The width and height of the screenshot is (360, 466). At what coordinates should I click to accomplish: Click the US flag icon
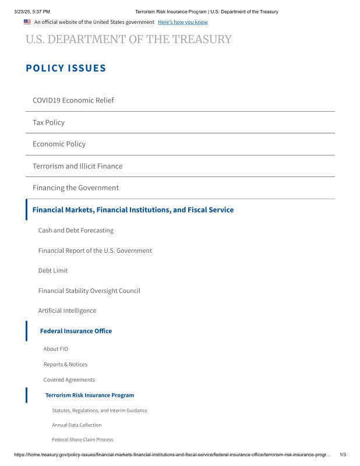[x=27, y=22]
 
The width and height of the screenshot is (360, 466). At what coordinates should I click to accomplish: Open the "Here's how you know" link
[x=182, y=22]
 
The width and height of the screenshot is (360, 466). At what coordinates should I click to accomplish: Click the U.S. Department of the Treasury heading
[x=128, y=40]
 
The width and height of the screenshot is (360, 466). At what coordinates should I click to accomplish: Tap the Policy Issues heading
[x=66, y=68]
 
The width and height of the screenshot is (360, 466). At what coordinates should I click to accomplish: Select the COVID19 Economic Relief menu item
[x=73, y=100]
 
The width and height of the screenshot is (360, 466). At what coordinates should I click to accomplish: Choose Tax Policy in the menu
[x=48, y=122]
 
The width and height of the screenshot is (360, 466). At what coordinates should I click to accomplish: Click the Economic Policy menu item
[x=59, y=144]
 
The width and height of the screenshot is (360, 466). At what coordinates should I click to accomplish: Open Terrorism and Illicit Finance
[x=77, y=166]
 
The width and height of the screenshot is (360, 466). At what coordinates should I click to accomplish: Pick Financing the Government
[x=76, y=188]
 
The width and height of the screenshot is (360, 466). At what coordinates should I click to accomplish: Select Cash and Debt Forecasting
[x=76, y=230]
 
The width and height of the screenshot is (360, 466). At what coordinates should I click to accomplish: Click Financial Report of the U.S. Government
[x=95, y=250]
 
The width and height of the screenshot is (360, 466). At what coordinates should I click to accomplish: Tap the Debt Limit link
[x=53, y=270]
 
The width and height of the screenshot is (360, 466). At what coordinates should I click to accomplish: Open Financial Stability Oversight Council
[x=89, y=291]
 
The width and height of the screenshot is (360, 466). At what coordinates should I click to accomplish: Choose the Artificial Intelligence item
[x=67, y=310]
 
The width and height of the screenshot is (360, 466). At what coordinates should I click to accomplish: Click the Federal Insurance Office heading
[x=76, y=331]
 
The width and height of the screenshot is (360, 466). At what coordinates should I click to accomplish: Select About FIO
[x=56, y=349]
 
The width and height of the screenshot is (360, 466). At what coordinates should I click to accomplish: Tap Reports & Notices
[x=65, y=364]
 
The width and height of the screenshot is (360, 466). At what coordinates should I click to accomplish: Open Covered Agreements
[x=69, y=380]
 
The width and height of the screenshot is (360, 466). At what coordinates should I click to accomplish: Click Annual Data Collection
[x=77, y=425]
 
